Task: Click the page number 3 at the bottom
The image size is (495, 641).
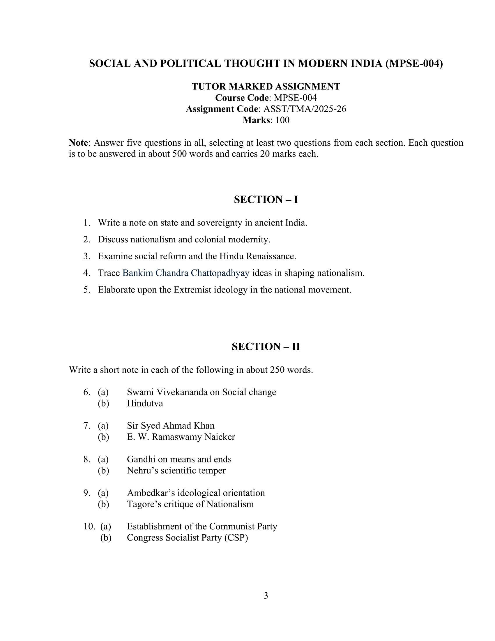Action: coord(266,595)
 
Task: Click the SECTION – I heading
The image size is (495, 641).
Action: coord(266,200)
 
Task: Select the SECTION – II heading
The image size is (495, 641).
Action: coord(266,346)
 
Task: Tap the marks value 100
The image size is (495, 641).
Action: coord(282,120)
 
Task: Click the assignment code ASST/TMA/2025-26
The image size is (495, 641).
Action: coord(305,109)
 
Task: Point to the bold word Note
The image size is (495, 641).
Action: coord(78,143)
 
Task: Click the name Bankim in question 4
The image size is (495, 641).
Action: coord(137,273)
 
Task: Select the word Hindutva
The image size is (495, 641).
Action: coord(145,403)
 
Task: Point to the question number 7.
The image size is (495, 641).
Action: coord(86,426)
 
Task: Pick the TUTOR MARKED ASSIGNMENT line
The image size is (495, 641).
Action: coord(266,87)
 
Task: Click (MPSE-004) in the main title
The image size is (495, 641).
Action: coord(414,64)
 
